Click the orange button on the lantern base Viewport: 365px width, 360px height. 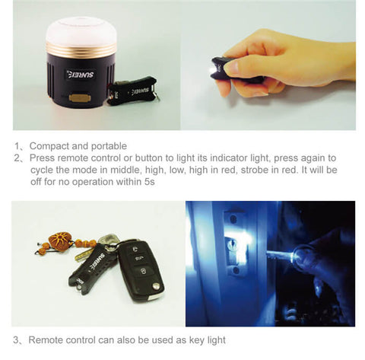[78, 97]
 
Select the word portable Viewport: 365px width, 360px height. [108, 145]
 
